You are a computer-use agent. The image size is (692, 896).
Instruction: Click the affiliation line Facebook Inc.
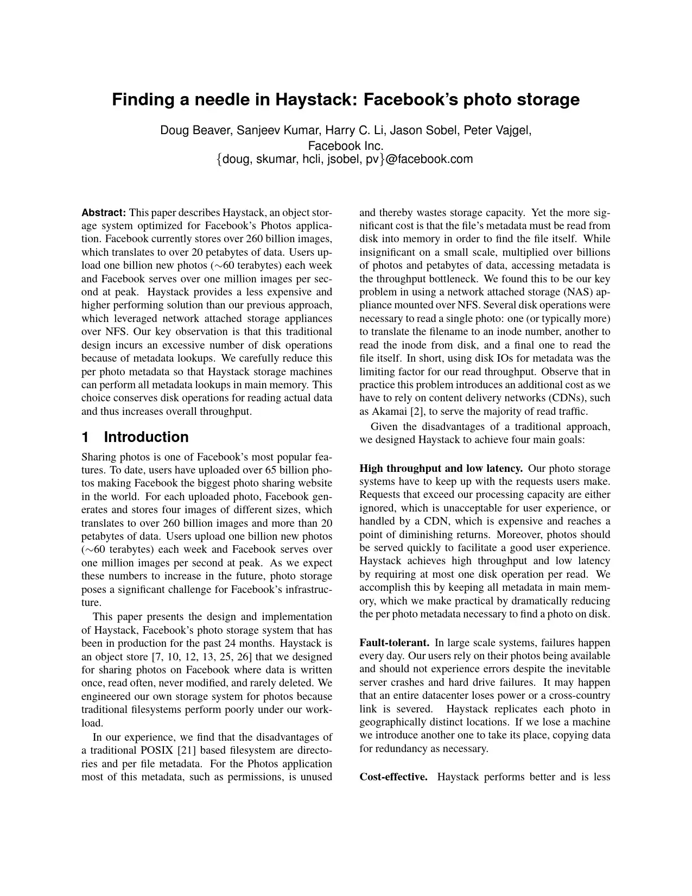click(346, 146)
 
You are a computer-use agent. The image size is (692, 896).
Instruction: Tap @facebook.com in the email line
click(429, 160)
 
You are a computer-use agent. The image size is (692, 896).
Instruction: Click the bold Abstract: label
click(104, 212)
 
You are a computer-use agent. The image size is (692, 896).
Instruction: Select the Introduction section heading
click(146, 437)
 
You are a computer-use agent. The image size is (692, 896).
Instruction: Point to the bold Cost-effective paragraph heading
click(393, 777)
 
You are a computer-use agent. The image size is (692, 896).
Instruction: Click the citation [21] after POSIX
click(187, 750)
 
